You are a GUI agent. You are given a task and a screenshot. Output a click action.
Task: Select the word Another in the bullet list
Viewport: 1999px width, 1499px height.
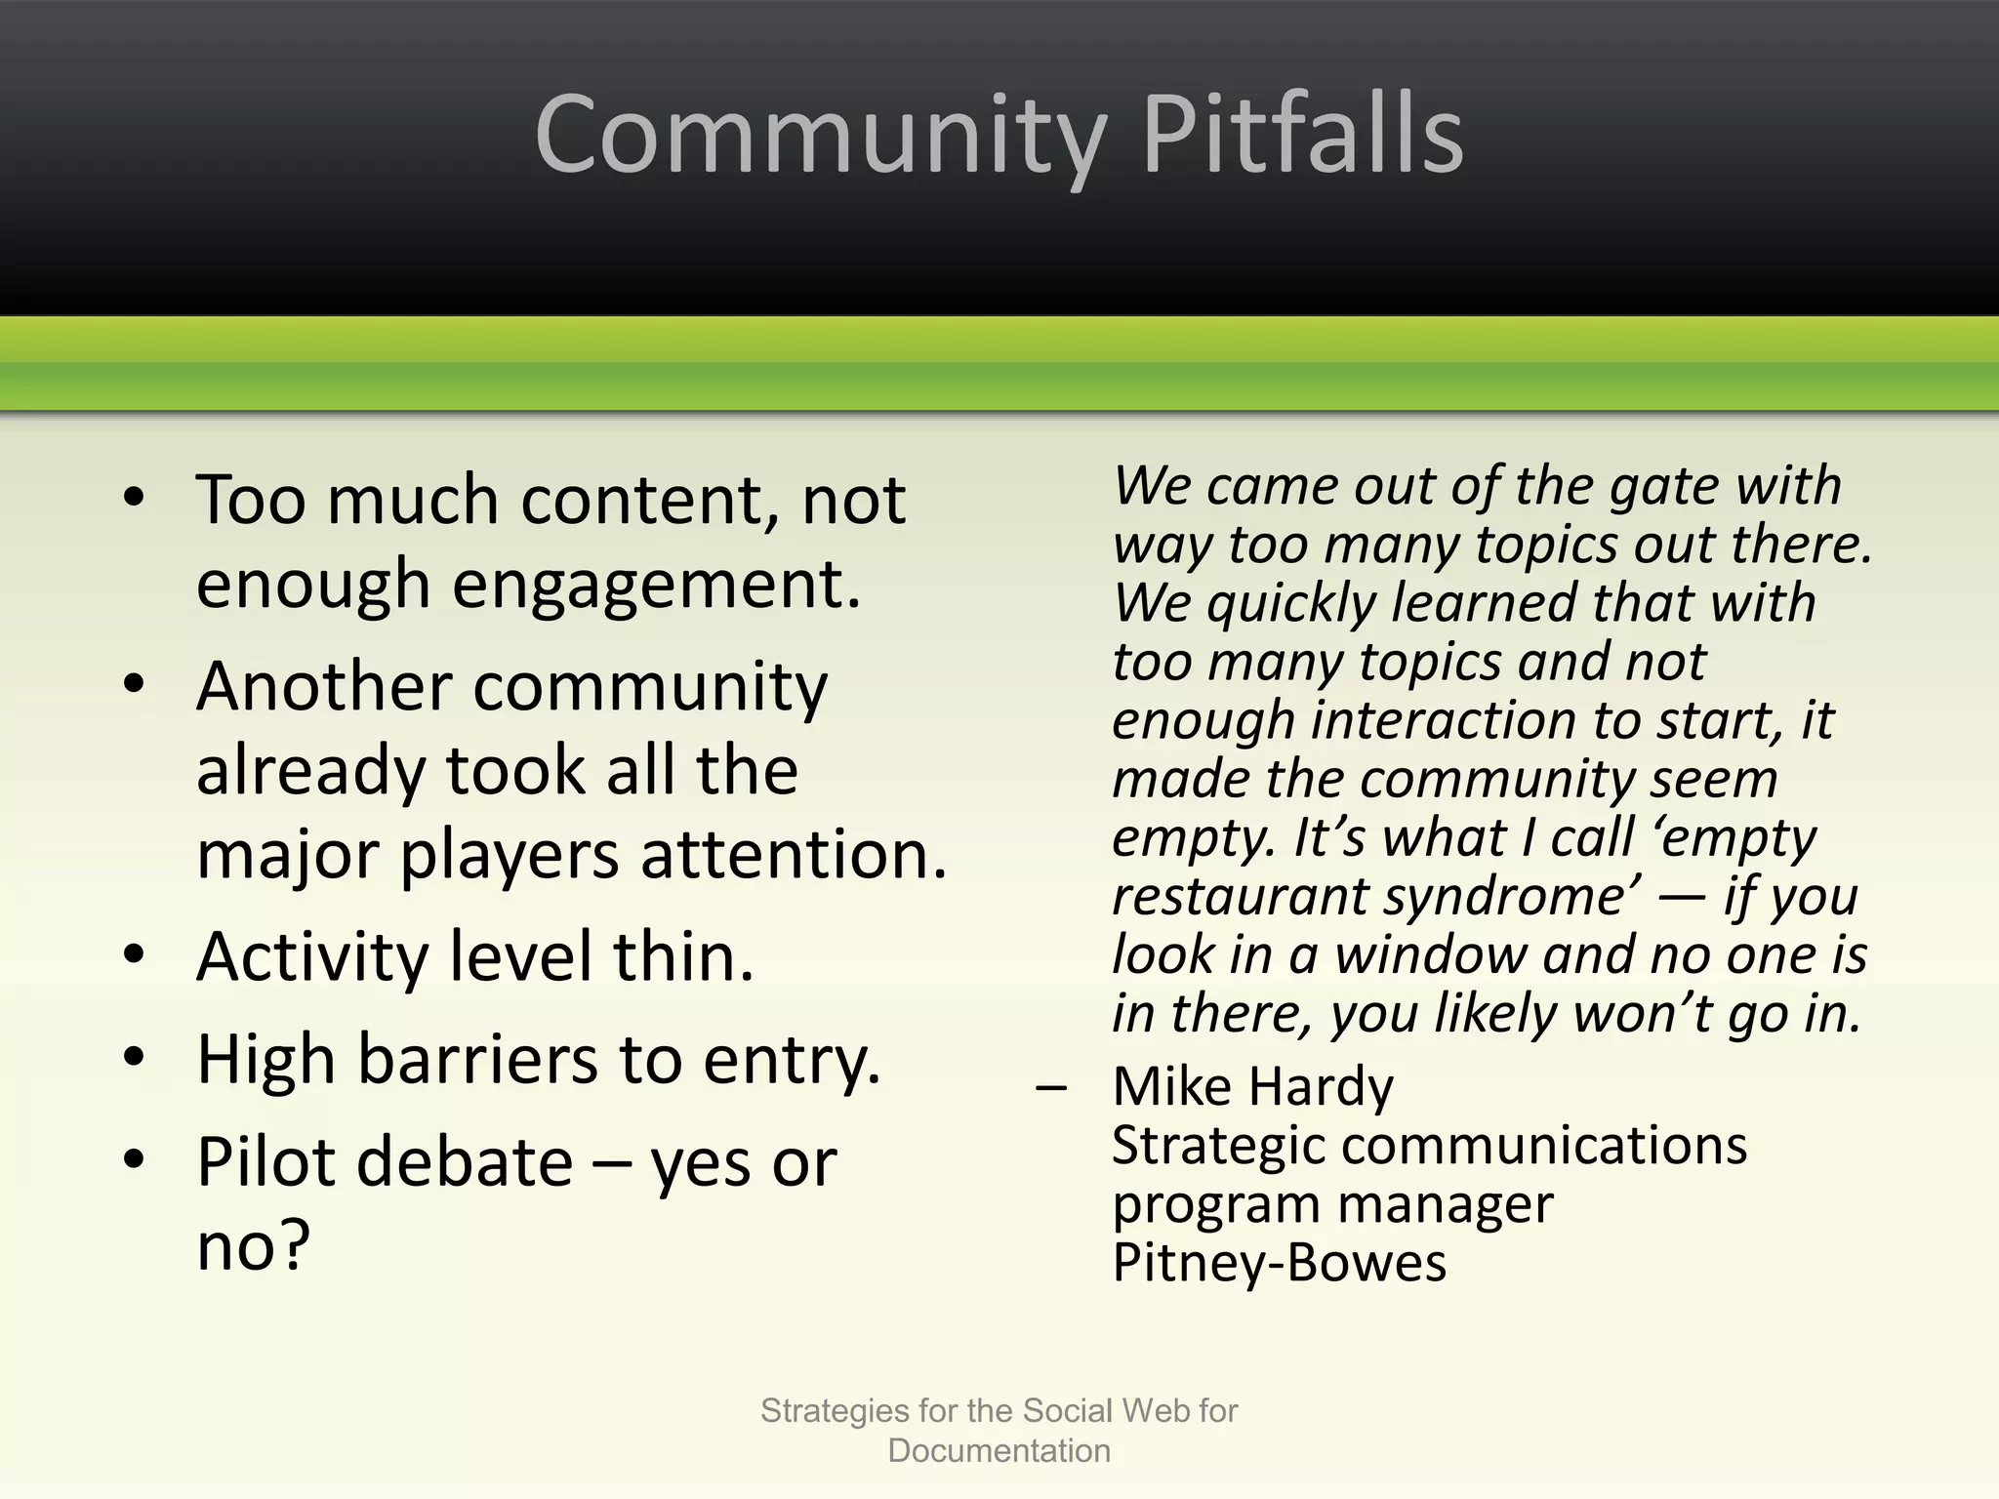click(x=323, y=686)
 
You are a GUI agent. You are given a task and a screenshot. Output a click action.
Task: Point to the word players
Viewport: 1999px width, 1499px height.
click(x=509, y=855)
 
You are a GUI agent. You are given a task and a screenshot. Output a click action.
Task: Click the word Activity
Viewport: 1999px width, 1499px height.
click(x=312, y=957)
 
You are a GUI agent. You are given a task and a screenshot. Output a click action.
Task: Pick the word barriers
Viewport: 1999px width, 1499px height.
click(x=478, y=1060)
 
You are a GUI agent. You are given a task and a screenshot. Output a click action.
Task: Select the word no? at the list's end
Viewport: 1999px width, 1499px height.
click(x=253, y=1246)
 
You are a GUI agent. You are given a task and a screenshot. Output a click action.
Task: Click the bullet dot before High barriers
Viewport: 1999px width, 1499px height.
click(x=135, y=1056)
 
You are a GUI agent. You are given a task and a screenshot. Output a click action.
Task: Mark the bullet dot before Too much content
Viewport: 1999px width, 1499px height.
click(x=135, y=497)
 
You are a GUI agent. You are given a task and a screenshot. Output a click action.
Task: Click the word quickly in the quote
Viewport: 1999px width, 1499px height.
click(x=1290, y=603)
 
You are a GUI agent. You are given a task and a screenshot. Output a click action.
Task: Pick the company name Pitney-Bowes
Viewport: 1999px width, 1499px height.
click(x=1279, y=1263)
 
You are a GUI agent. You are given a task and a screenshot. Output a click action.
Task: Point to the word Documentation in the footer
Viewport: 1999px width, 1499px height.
click(x=999, y=1451)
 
